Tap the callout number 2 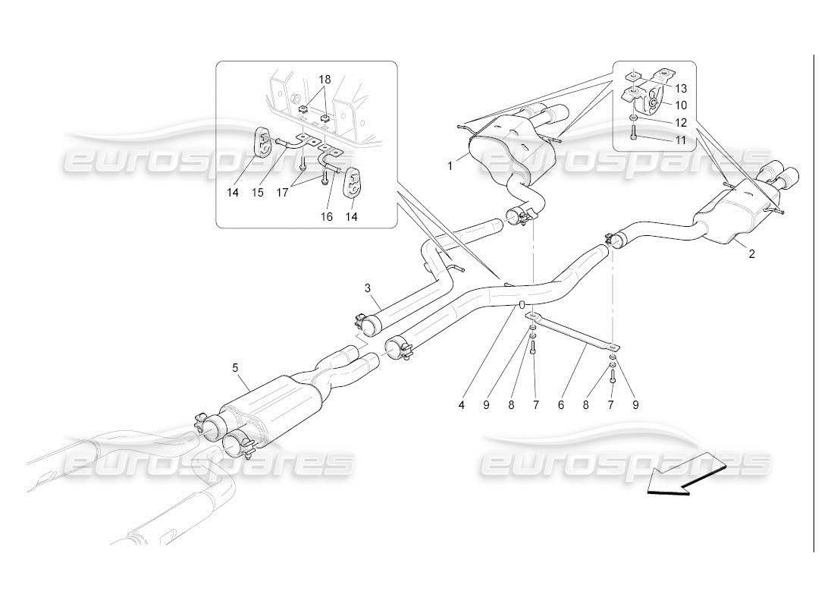(751, 254)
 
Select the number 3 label (367, 288)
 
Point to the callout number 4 (460, 405)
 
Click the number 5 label (235, 368)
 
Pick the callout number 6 (561, 405)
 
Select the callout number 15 (258, 193)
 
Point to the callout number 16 (326, 217)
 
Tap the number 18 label (325, 80)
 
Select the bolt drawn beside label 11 (633, 135)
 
